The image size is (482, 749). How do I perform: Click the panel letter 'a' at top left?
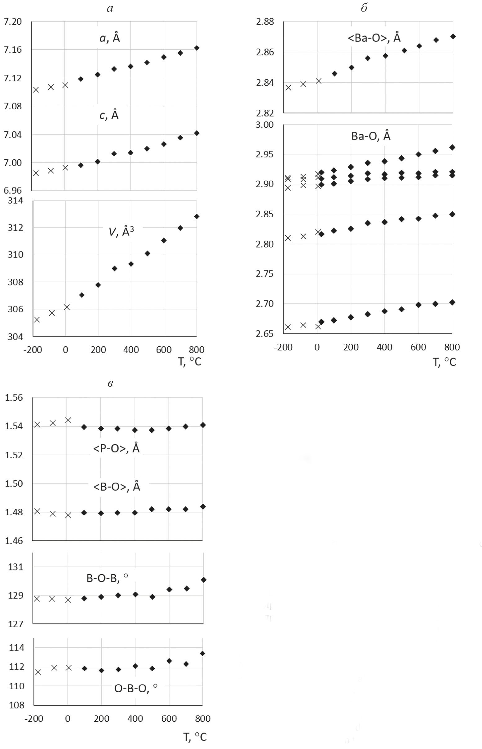coord(109,9)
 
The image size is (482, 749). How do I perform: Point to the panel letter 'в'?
coord(110,384)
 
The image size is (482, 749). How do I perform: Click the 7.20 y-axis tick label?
coord(12,22)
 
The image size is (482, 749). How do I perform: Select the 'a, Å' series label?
coord(109,38)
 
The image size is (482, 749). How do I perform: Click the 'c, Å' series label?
coord(109,115)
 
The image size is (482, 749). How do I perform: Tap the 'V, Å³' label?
coord(121,232)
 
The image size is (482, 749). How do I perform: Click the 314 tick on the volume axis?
coord(15,200)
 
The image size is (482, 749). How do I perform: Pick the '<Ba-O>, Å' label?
coord(374,38)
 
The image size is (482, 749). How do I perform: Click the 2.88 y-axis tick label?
coord(265,22)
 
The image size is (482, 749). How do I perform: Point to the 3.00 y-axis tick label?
coord(265,125)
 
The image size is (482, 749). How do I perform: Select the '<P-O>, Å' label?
coord(116,448)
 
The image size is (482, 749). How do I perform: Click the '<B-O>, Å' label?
coord(117,487)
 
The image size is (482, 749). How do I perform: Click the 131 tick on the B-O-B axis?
coord(15,567)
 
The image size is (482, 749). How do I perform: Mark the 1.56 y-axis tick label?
coord(14,398)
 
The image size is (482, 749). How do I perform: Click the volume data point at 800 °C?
coord(197,217)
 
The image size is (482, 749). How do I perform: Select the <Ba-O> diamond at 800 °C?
coord(453,37)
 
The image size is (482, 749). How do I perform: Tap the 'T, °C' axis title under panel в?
coord(195,737)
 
